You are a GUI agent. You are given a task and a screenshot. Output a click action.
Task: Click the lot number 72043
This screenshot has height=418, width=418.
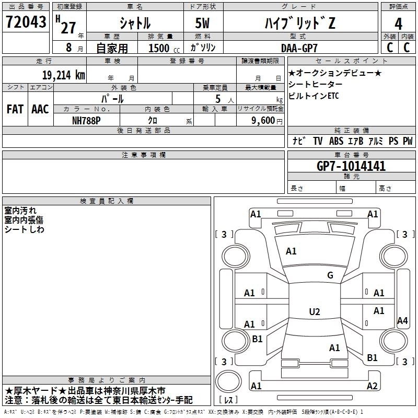[26, 22]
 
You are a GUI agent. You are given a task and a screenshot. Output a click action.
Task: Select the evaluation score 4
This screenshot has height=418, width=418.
[399, 24]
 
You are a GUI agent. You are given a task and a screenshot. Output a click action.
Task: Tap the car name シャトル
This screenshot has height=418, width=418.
[135, 24]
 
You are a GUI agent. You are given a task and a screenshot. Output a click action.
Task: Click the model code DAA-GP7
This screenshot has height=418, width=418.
[296, 48]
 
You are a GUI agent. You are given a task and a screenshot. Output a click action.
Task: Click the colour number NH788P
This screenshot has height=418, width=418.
[87, 120]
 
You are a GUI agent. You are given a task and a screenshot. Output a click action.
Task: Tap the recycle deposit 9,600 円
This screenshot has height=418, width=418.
[264, 120]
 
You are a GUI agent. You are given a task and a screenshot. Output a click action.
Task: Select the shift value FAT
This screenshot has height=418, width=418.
[15, 109]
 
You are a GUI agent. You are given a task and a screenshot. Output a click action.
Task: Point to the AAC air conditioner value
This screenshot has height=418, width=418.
[40, 109]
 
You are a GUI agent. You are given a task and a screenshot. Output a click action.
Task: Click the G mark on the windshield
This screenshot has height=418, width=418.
[330, 275]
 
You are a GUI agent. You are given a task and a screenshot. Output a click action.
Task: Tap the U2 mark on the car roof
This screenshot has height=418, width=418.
[314, 312]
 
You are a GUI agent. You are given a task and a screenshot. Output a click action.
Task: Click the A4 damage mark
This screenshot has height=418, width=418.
[402, 321]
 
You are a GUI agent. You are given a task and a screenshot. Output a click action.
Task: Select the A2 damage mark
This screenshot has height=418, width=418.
[372, 386]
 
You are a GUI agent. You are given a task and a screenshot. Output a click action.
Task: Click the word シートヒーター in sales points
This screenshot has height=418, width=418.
[316, 84]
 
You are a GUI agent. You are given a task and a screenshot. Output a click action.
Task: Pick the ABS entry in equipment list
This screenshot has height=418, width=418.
[336, 141]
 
